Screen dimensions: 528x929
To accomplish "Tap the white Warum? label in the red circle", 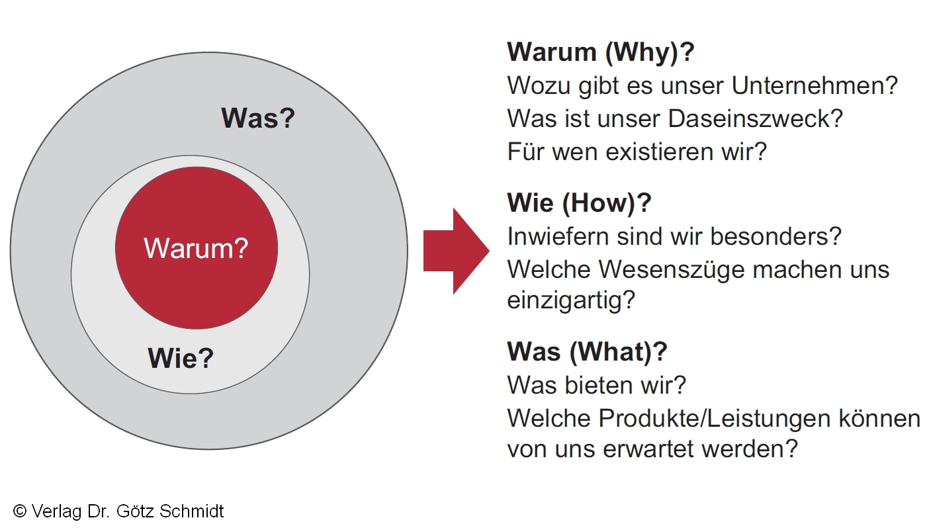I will point(196,248).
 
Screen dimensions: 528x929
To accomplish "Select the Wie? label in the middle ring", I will point(181,358).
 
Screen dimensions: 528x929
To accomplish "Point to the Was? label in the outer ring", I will point(258,118).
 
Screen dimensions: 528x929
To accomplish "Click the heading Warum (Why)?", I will point(601,52).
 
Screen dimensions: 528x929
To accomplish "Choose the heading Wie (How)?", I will point(579,202).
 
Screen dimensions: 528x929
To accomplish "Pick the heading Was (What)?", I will point(587,351).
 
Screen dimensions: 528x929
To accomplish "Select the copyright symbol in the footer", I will point(20,511).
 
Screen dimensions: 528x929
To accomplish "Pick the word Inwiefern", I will point(558,236).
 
